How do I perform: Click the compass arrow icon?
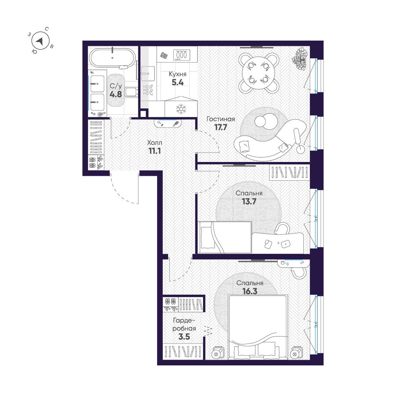pos(40,41)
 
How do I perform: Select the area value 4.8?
pos(116,94)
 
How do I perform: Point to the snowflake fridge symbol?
pos(180,109)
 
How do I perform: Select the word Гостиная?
pos(221,119)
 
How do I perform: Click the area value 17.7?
pos(221,127)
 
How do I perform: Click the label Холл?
pos(154,143)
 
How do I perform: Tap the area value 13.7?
pos(249,201)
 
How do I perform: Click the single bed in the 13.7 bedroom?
pos(225,237)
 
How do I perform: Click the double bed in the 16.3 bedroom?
pos(258,325)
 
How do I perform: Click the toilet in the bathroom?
pos(131,93)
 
